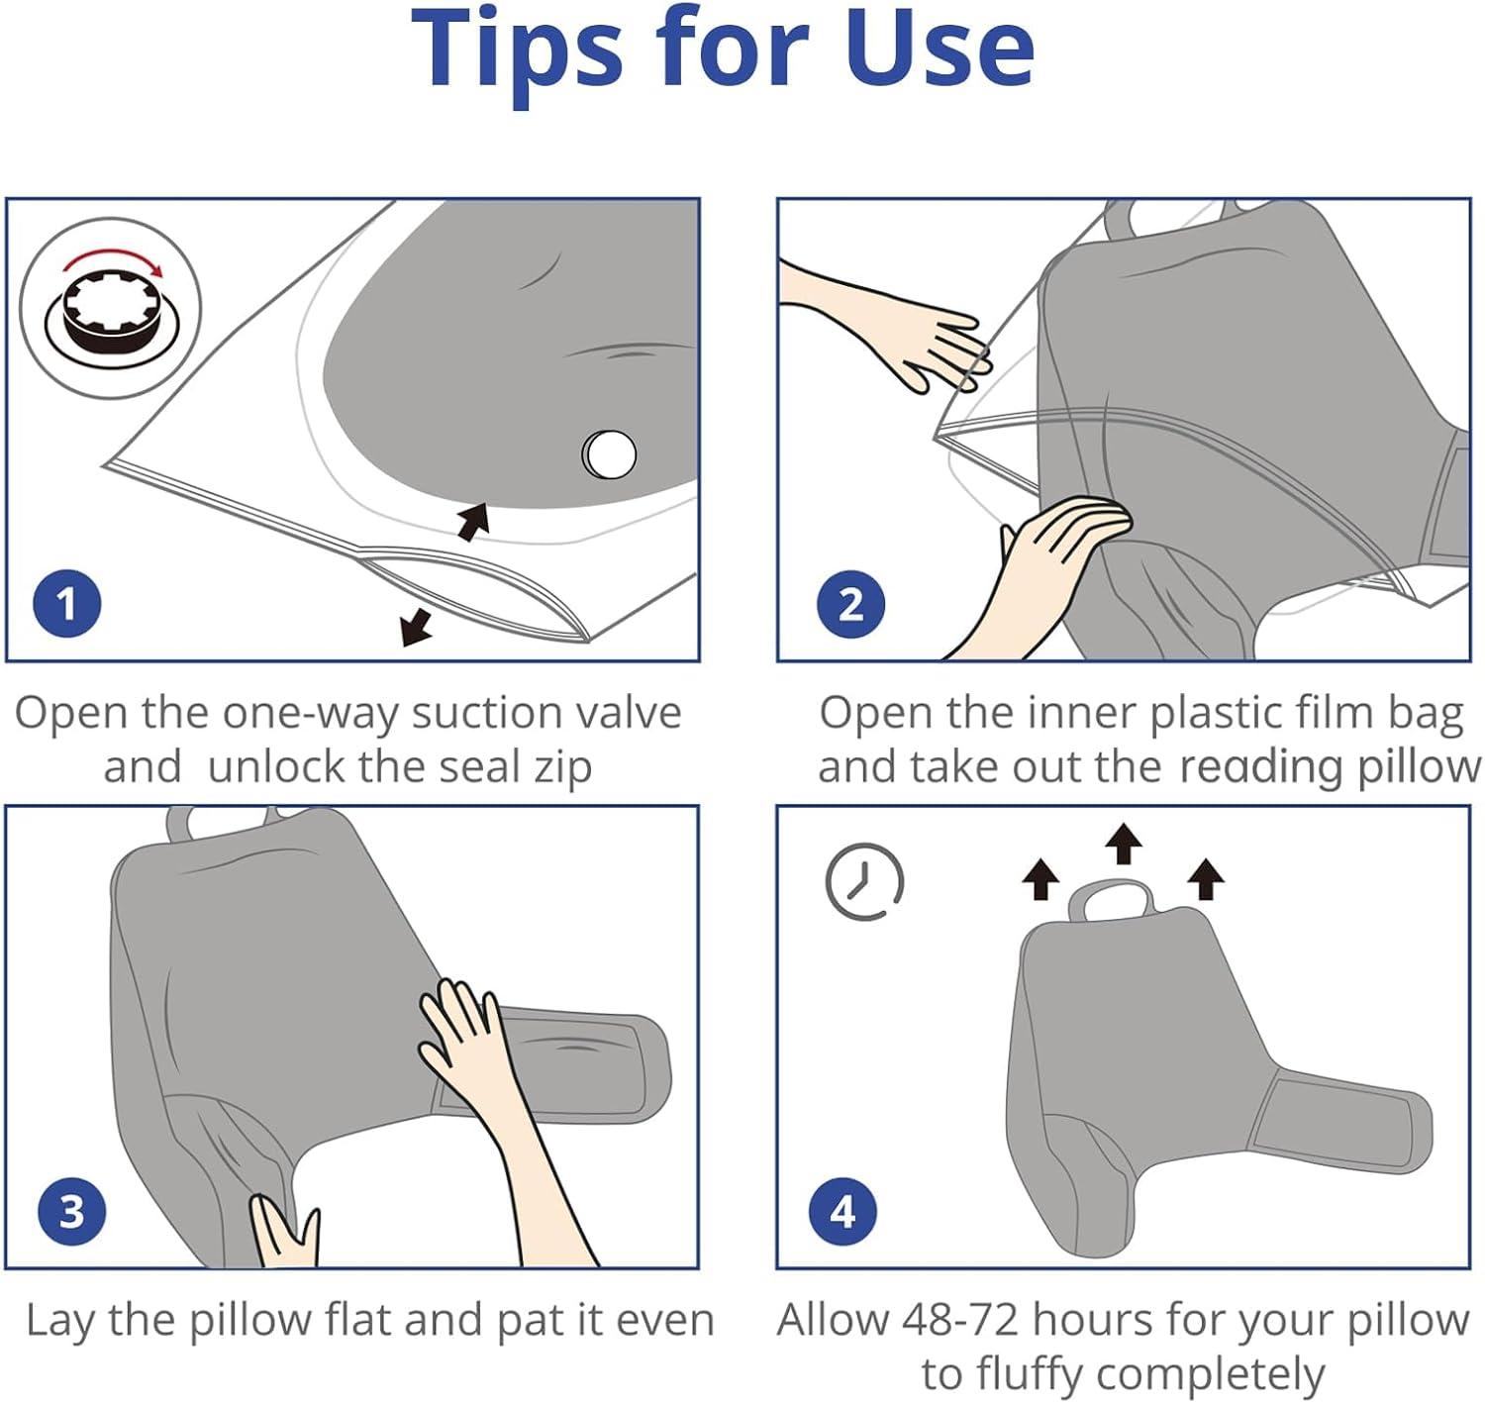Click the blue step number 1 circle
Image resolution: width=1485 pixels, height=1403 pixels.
[66, 604]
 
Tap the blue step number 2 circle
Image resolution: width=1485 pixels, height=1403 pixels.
[851, 604]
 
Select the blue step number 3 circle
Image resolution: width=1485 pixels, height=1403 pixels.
[72, 1211]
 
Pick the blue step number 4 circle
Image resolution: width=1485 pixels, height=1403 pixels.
[842, 1211]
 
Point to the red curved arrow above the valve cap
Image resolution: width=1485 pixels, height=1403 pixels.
[113, 260]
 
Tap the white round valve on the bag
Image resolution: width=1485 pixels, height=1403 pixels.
[609, 453]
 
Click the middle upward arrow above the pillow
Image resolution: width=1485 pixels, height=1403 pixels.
[1124, 844]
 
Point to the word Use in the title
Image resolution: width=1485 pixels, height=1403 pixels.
[940, 50]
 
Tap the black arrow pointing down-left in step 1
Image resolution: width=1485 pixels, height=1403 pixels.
[417, 627]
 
